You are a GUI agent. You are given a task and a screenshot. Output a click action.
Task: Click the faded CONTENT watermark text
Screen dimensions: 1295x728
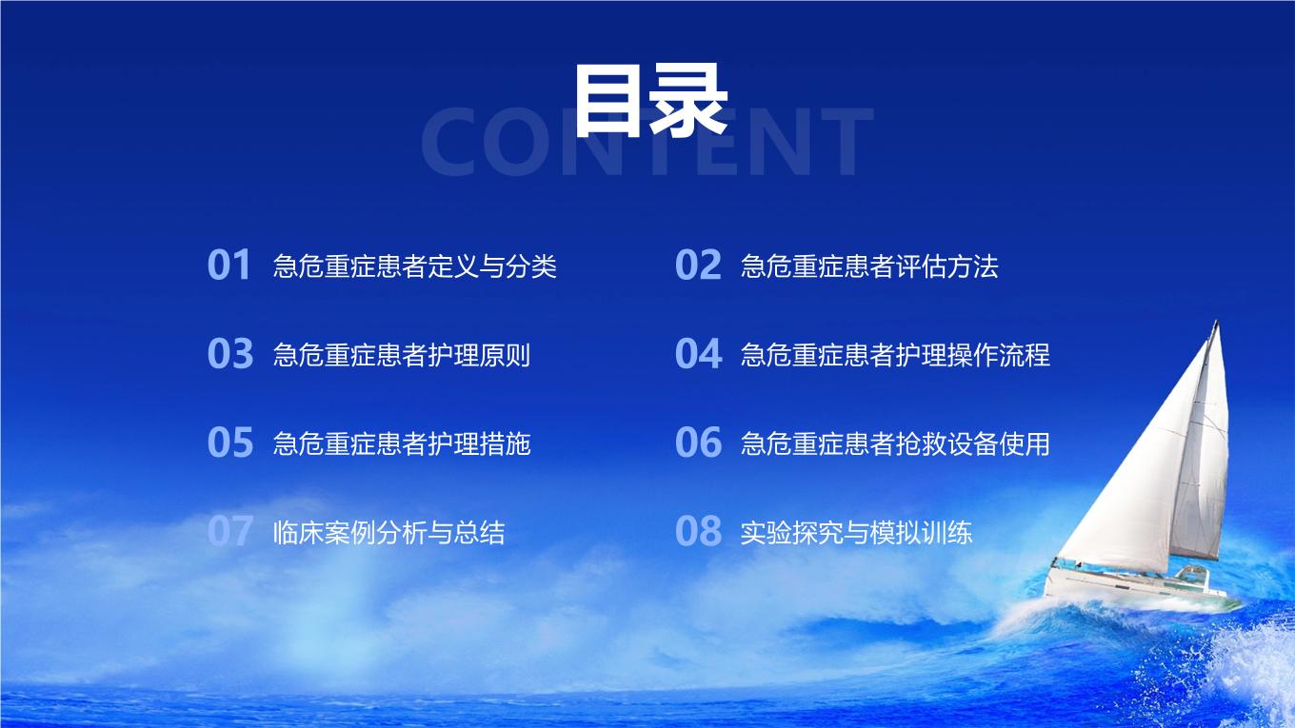647,143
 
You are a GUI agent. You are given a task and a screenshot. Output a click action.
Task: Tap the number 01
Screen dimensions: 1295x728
229,266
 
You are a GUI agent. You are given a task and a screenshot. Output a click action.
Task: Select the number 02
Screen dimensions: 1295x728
698,266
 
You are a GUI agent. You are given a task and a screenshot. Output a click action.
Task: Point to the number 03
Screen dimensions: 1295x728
230,354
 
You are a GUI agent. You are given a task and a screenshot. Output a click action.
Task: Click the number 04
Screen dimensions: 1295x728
698,354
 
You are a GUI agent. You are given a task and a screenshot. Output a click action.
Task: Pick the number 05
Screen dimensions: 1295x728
230,443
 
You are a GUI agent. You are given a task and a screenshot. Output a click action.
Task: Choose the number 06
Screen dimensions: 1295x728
698,443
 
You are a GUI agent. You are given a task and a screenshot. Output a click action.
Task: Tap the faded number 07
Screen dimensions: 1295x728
229,531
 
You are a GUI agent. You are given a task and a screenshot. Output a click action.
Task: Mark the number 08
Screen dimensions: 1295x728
698,531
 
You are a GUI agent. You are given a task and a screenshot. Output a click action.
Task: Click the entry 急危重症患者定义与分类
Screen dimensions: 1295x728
414,266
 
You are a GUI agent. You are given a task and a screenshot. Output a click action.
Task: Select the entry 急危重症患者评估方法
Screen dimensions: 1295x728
869,266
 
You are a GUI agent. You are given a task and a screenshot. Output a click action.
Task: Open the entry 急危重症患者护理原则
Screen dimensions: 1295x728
402,355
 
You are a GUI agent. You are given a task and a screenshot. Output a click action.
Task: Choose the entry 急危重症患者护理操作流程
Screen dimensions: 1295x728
895,355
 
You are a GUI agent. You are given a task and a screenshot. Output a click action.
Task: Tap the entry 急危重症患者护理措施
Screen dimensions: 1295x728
402,443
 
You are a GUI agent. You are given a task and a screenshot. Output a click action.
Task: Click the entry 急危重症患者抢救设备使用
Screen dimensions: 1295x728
895,443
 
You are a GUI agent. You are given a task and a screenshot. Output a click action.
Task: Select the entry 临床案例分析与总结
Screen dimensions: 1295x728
389,532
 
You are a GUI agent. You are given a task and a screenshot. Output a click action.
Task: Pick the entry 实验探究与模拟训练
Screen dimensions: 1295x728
856,532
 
